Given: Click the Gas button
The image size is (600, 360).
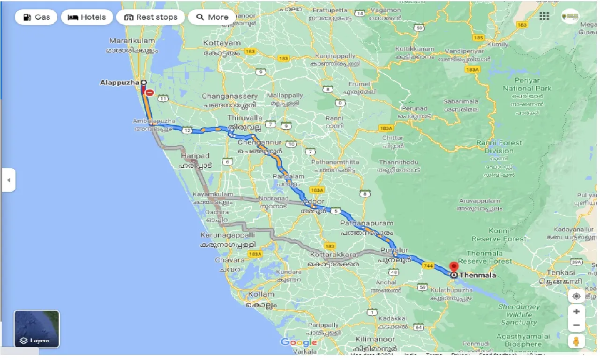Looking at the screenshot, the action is (x=36, y=17).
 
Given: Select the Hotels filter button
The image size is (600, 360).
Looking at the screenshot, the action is (x=87, y=17).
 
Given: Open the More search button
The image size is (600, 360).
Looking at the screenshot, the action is (x=212, y=17).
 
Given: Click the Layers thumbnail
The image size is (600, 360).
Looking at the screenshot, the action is (x=37, y=329).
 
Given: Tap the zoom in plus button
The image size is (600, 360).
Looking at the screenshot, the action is (x=576, y=311).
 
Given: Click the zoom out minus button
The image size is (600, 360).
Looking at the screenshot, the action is (x=576, y=325).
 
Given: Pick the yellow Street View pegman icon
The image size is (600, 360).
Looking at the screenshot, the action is (x=576, y=341).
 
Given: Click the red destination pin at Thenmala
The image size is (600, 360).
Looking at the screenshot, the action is (x=454, y=267).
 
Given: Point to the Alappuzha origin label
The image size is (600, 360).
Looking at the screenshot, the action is (x=120, y=82).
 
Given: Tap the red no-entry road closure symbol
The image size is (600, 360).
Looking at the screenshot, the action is (x=150, y=93).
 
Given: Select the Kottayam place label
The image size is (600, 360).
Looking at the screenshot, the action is (x=222, y=43).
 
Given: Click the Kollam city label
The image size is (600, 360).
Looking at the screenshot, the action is (x=261, y=294).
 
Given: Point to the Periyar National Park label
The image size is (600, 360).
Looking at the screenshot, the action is (x=527, y=84).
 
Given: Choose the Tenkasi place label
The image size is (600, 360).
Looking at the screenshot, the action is (x=560, y=272).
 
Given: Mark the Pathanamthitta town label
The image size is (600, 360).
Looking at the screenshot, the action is (x=335, y=162).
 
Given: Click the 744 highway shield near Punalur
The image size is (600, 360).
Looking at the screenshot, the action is (x=427, y=266).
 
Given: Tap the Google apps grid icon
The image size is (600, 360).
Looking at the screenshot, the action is (x=544, y=16).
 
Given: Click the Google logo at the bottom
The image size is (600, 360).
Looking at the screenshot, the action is (x=299, y=342).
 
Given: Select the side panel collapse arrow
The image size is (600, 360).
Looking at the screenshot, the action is (x=8, y=180).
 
